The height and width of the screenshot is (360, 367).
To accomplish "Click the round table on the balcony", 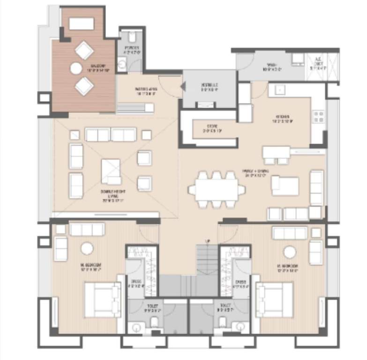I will (x=76, y=68).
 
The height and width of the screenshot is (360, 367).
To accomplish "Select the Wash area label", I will (x=273, y=67).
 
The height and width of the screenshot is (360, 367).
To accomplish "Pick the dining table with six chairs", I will (x=217, y=190).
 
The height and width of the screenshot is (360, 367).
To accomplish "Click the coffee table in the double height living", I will (x=111, y=171).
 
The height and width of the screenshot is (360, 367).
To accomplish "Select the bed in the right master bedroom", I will (x=274, y=299).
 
